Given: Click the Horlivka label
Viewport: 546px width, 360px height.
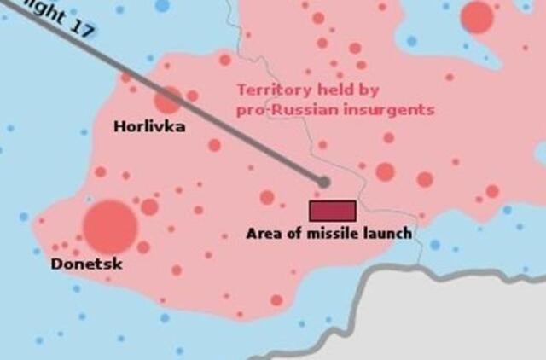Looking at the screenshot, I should coord(149,126).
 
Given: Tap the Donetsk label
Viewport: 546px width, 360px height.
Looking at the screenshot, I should coord(87,264).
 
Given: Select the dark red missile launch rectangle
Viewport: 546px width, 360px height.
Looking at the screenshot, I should coord(332,211).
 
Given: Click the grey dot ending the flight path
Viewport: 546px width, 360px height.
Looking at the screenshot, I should coord(323,182).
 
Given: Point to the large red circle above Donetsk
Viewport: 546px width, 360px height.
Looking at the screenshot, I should coord(110,225).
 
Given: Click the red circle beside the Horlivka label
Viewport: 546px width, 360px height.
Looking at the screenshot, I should coord(168,99).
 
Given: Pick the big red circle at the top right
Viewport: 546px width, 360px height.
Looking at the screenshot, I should coord(477,17).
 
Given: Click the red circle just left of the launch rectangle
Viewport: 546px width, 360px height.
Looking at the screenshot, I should coord(267,198).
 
